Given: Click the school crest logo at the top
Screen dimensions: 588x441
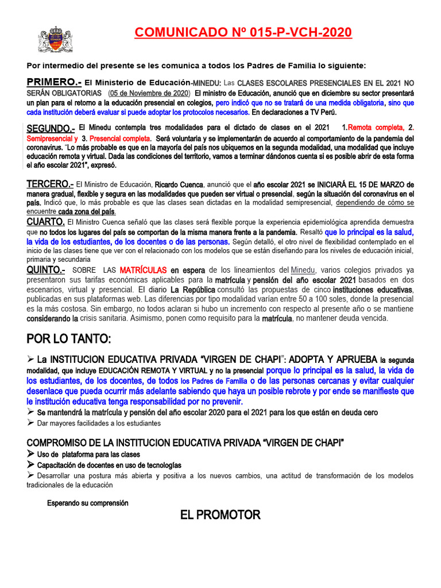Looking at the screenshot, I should [x=56, y=40].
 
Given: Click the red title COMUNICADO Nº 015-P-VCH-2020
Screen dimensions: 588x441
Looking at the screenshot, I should [x=243, y=33].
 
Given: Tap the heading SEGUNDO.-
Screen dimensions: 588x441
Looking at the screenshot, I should [x=51, y=127].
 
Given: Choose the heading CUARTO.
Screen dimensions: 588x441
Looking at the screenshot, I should [x=45, y=222].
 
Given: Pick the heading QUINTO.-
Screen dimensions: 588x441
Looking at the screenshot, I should [x=46, y=270].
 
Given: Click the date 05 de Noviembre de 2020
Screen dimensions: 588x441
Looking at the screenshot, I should [x=149, y=92].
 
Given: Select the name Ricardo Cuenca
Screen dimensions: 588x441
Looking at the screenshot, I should [x=177, y=185].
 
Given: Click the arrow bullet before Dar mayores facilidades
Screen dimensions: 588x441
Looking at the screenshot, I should [x=30, y=423].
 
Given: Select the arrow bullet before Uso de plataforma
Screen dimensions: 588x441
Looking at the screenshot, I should [x=31, y=454].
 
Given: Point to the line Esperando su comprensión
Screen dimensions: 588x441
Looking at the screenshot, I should [x=87, y=503].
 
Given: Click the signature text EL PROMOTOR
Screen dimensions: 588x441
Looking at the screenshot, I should [x=220, y=514].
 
